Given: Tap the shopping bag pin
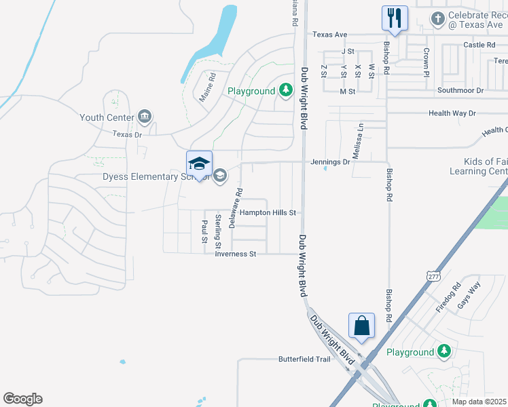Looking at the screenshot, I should [361, 326].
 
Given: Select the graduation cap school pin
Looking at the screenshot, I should [199, 164].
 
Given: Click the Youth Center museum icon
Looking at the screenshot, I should [144, 117].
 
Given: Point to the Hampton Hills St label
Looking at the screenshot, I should [267, 212].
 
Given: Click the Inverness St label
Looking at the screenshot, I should [235, 254].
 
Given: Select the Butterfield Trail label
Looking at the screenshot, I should [304, 359].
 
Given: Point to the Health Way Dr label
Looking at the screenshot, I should [452, 113].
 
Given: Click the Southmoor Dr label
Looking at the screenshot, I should [460, 90].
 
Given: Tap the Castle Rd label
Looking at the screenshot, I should [479, 45].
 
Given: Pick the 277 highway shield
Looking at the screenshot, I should [433, 276].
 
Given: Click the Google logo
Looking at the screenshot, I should [22, 399].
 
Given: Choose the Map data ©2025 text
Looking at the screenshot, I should [479, 402].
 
